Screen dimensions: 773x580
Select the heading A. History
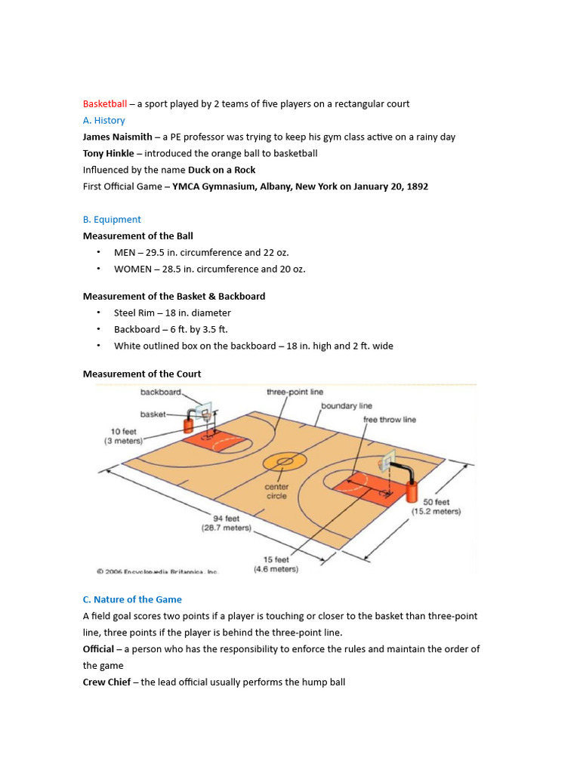coord(103,121)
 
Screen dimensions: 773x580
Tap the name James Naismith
coord(117,137)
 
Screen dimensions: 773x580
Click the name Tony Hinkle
coord(110,153)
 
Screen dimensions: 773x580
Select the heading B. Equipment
coord(112,220)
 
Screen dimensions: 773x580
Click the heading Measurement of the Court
coord(142,374)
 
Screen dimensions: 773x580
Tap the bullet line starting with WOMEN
coord(210,269)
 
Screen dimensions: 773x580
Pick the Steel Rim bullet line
coord(172,313)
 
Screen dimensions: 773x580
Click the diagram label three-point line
coord(295,393)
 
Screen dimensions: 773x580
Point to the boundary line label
coord(347,406)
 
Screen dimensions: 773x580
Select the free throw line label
coord(389,420)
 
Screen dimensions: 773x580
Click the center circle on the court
coord(285,460)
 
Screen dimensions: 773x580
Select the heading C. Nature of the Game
coord(132,599)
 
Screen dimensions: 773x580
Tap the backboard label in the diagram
coord(161,393)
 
